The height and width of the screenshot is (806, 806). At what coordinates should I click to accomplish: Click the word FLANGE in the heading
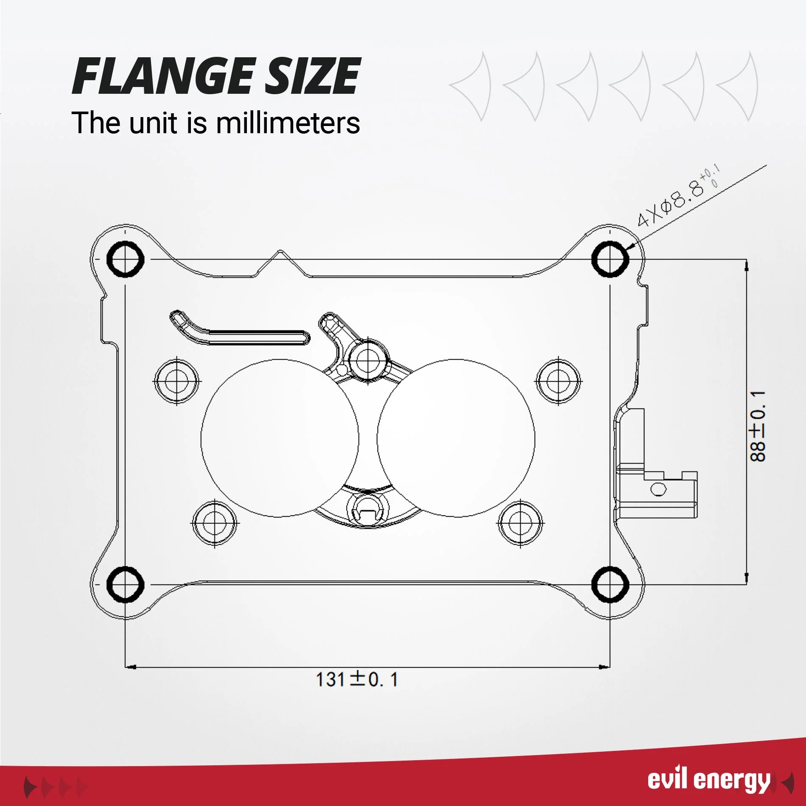coord(163,76)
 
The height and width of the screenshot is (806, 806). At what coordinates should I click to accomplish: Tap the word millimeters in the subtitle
coord(288,123)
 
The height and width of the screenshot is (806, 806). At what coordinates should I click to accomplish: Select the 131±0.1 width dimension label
coord(357,679)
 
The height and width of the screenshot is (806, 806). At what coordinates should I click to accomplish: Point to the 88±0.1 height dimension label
coord(758,426)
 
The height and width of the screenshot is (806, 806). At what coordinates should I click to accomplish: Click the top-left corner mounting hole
coord(125,259)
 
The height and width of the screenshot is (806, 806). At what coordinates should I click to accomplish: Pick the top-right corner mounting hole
coord(610,259)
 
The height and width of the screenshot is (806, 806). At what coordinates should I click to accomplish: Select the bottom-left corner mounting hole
coord(125,584)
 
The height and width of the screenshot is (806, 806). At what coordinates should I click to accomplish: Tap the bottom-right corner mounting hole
coord(610,584)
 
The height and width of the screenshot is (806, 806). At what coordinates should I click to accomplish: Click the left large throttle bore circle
coord(201,438)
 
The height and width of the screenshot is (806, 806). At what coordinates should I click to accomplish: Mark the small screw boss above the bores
coord(368,361)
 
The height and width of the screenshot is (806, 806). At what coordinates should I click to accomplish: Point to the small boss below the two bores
coord(368,509)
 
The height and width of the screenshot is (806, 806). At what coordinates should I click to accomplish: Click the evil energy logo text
coord(708,780)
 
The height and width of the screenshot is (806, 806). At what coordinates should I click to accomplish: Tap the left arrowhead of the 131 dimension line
coord(131,667)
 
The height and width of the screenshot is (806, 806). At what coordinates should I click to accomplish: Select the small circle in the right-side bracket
coord(658,490)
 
